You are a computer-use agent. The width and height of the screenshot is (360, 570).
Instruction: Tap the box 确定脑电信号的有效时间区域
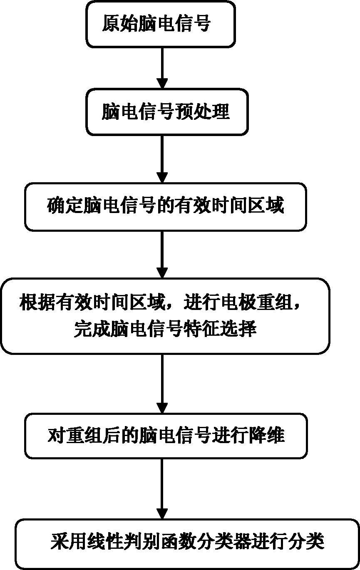pyautogui.click(x=165, y=206)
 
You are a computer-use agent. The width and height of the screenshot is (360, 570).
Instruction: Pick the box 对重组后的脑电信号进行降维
pyautogui.click(x=165, y=436)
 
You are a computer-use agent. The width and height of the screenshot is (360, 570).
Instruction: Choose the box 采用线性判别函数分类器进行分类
pyautogui.click(x=187, y=543)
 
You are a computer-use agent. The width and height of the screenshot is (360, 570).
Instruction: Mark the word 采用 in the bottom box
pyautogui.click(x=64, y=543)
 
